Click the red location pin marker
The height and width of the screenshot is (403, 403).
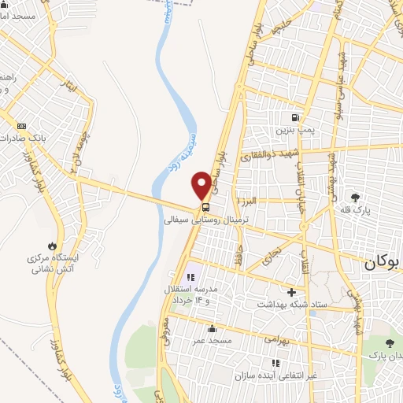203,184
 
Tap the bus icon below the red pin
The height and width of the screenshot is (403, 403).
205,208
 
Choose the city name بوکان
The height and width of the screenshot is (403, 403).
383,265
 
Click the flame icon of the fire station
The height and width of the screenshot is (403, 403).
52,246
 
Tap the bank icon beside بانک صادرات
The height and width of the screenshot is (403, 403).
21,126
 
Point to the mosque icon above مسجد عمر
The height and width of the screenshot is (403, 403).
212,329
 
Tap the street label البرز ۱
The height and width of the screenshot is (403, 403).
250,203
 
